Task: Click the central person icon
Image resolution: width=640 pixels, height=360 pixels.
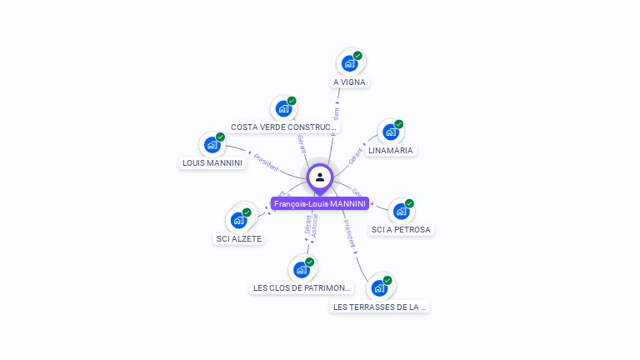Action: [x=319, y=177]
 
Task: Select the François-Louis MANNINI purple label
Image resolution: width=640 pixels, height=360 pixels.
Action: [x=319, y=203]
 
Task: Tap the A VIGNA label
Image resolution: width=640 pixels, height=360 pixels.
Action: [x=349, y=82]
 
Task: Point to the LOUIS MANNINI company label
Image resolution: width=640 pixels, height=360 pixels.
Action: [x=212, y=163]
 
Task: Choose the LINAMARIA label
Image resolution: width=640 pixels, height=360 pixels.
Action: [x=391, y=151]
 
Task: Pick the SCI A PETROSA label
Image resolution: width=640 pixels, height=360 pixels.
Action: [x=402, y=229]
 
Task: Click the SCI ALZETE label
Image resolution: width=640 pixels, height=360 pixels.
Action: [x=239, y=238]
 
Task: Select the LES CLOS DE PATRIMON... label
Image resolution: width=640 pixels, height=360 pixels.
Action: [x=302, y=288]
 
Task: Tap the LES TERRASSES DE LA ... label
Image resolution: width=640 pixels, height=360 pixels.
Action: [x=380, y=307]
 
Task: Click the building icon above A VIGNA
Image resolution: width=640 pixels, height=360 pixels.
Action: [x=350, y=63]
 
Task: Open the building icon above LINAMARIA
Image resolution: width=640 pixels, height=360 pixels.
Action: [x=390, y=132]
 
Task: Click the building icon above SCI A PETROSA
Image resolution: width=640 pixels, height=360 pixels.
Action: [x=401, y=211]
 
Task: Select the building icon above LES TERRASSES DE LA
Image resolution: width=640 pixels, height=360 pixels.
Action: [x=380, y=287]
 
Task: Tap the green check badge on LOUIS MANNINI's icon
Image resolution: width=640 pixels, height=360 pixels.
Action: [x=220, y=137]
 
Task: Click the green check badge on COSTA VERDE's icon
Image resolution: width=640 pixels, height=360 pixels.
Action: [x=292, y=101]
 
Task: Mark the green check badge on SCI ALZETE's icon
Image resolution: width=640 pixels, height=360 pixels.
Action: [x=247, y=212]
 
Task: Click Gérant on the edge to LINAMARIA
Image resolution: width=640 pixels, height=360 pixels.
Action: [x=357, y=154]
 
